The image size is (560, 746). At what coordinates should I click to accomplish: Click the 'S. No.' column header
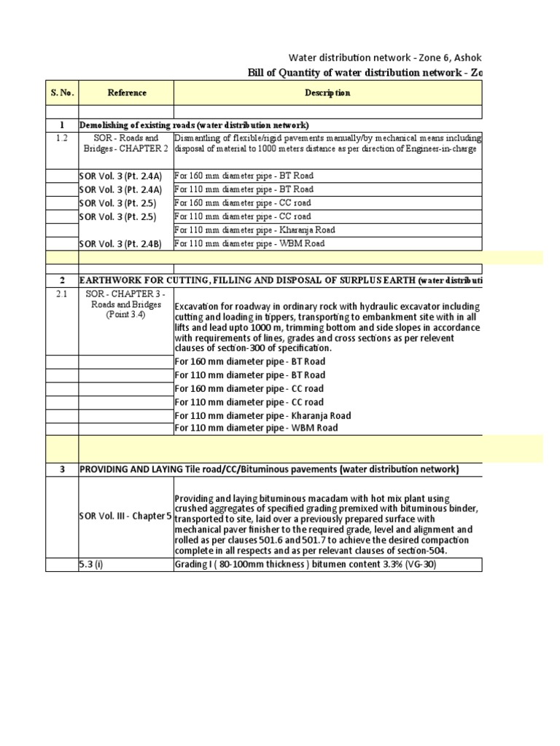pos(62,93)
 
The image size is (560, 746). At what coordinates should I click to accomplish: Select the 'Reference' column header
pos(127,93)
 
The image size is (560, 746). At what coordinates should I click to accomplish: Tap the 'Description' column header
pos(327,93)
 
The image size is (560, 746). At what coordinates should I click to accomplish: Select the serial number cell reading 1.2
pos(62,138)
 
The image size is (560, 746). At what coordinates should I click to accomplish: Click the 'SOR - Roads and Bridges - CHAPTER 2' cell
pos(126,144)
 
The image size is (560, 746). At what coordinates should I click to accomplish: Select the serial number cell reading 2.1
pos(62,294)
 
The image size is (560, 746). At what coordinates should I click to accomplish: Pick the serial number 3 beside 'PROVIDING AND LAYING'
pos(62,469)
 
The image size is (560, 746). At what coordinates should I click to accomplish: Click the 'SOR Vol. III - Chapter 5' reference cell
pos(125,516)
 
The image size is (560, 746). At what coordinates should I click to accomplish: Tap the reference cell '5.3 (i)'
pos(92,565)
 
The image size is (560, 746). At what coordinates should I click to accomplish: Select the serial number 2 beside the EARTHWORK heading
pos(62,280)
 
